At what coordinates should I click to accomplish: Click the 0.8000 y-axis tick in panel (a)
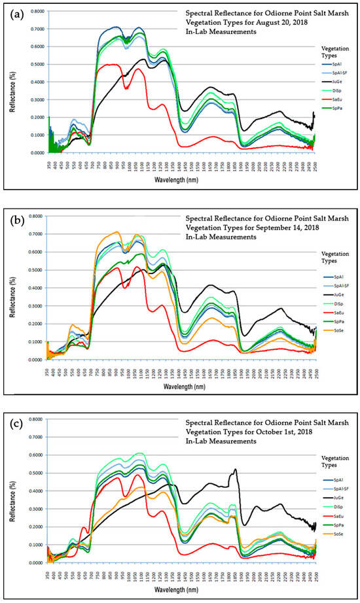pos(36,11)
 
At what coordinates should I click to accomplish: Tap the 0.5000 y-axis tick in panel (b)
pos(36,269)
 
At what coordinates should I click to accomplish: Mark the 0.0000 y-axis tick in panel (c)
pos(36,562)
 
